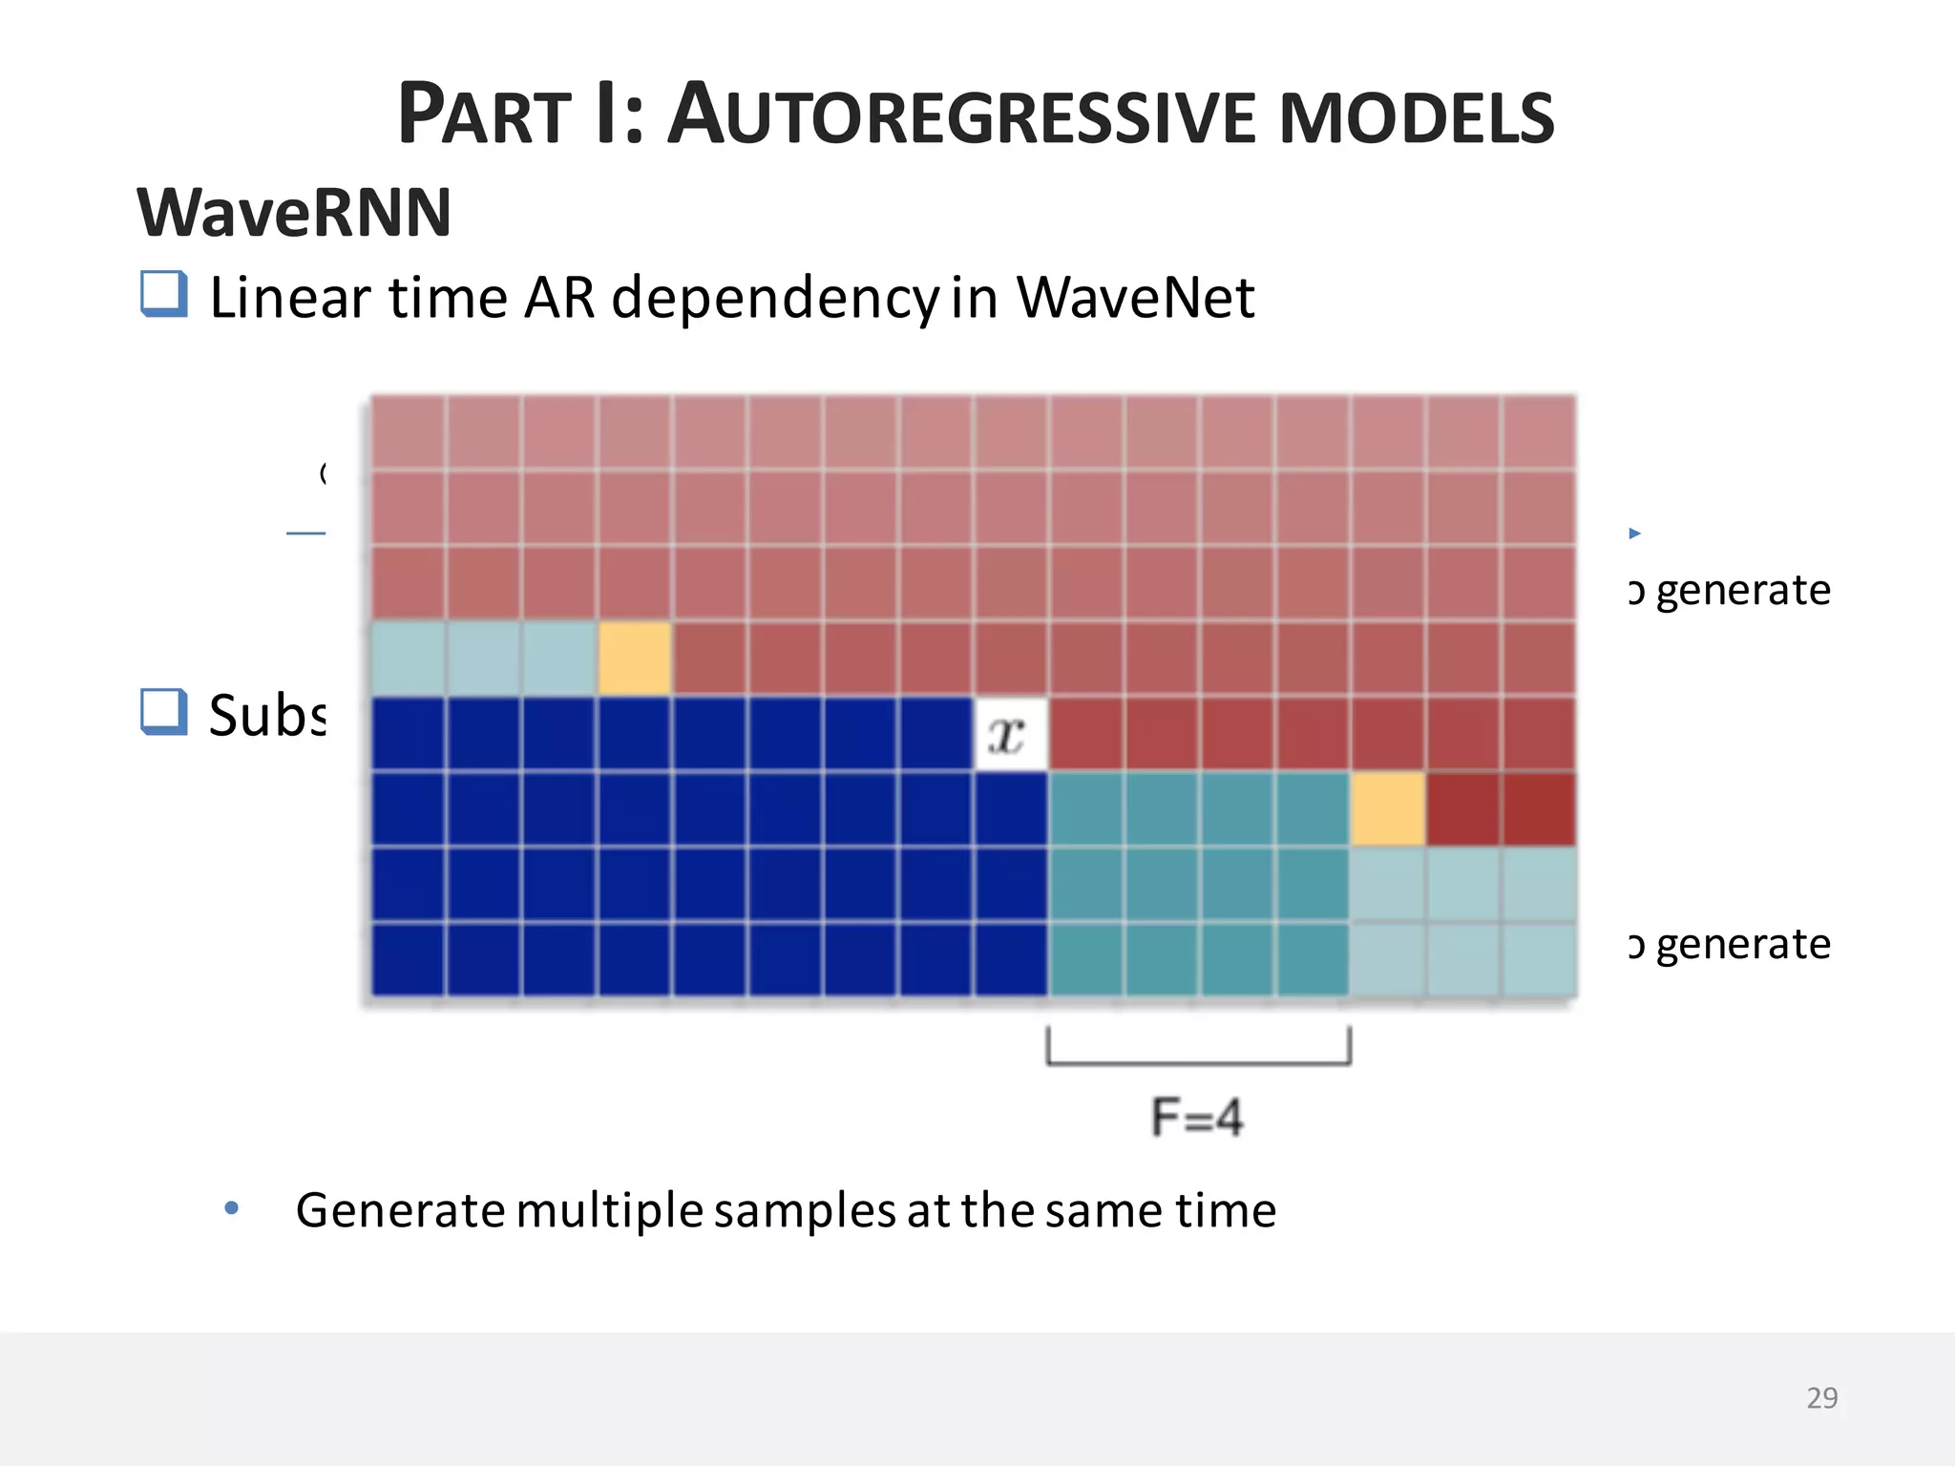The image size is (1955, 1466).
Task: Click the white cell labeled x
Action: pos(1010,734)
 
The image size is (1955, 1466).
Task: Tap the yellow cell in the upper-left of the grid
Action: pos(635,658)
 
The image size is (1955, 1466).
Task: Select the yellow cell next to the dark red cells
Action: pos(1387,809)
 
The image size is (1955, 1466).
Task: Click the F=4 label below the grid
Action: pos(1197,1117)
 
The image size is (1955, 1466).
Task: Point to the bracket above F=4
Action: pos(1198,1059)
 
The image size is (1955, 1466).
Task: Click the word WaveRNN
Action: pos(294,212)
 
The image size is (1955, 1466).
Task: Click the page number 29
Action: pos(1821,1397)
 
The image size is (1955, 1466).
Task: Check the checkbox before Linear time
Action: pos(163,294)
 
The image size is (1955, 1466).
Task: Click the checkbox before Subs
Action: pos(163,712)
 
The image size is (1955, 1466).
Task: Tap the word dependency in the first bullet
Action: pos(775,299)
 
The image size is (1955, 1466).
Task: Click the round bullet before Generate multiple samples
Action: pos(231,1208)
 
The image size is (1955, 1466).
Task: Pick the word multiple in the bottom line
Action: pos(610,1210)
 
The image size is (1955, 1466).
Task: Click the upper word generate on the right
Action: pos(1742,591)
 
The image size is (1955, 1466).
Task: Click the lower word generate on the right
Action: pos(1742,945)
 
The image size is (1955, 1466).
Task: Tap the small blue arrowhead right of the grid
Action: pos(1634,534)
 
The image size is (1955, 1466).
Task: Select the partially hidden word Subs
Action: pos(267,715)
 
